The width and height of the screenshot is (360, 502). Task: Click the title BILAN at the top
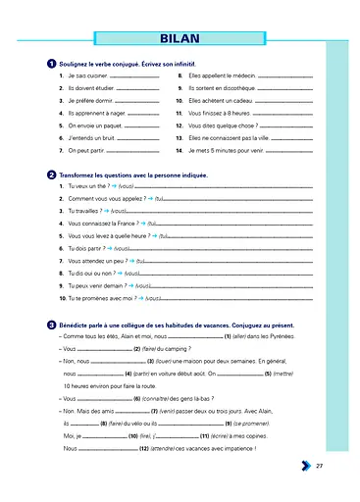click(180, 39)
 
